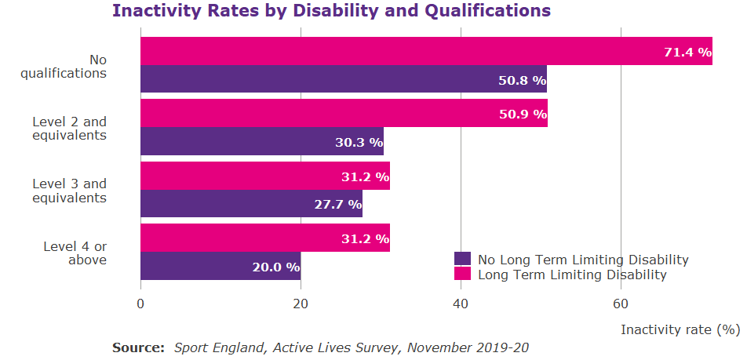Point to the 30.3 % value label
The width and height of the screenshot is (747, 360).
coord(359,143)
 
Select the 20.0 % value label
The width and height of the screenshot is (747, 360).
coord(276,267)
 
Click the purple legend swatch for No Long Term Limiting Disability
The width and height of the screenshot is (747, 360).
coord(462,260)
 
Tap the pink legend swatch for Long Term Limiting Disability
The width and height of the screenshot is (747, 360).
coord(462,275)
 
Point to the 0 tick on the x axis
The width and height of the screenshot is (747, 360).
coord(140,304)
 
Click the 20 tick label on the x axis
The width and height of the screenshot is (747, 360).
coord(301,304)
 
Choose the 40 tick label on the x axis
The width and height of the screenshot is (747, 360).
coord(461,304)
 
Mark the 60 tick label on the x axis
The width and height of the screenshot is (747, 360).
coord(621,304)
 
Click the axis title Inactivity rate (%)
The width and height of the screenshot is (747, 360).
coord(680,329)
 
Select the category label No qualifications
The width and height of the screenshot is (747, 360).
coord(75,67)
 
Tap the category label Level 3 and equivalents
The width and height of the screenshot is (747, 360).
coord(69,191)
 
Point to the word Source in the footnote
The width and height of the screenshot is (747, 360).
coord(138,347)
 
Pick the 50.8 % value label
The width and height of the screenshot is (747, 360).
coord(522,80)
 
